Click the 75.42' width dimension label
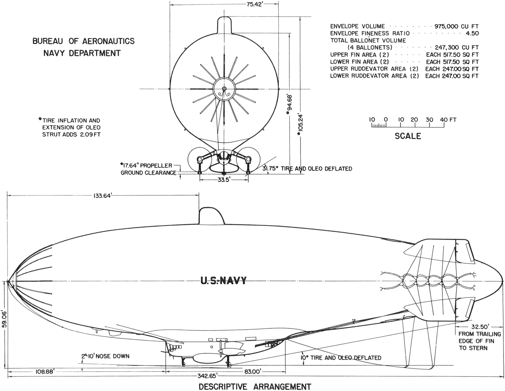point(254,4)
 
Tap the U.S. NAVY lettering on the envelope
point(223,280)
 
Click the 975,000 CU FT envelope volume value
point(456,26)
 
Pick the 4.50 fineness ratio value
point(472,34)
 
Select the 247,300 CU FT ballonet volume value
point(457,48)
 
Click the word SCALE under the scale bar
point(408,136)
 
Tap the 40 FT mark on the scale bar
point(448,120)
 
